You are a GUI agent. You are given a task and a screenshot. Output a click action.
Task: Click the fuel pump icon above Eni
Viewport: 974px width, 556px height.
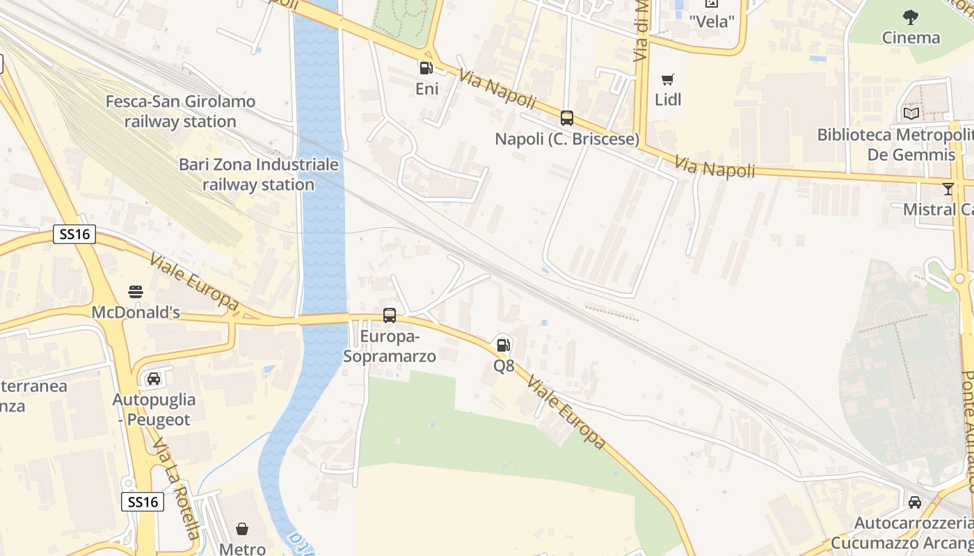pos(425,68)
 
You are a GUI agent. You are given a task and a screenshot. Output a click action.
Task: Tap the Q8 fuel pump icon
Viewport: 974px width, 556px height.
pos(503,345)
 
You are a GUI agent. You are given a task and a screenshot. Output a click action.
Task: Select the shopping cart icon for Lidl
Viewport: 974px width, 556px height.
pos(668,79)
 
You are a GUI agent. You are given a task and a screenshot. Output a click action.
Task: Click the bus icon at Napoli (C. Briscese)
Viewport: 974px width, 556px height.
pos(567,118)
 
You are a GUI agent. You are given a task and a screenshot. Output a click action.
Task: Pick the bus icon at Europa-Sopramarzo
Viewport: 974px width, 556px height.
pos(390,316)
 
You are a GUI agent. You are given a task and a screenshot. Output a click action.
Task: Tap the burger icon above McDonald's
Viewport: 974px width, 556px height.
pos(136,291)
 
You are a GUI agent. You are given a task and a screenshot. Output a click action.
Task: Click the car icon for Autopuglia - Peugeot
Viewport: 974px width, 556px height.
pos(154,379)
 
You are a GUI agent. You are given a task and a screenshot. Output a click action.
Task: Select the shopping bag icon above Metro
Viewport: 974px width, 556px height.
pos(242,530)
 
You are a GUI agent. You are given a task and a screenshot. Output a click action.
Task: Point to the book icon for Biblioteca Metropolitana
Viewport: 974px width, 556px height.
pos(911,113)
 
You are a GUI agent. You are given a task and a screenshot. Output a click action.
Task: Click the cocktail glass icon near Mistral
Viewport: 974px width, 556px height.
pos(948,189)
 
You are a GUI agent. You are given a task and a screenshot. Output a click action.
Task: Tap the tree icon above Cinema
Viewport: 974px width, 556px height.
pos(911,17)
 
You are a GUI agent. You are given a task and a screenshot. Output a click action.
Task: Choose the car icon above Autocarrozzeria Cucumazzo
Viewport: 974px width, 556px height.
pos(914,502)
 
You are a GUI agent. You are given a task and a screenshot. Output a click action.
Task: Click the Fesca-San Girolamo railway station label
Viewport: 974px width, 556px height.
pos(180,111)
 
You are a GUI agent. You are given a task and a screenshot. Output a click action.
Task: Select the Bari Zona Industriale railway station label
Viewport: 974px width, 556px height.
pos(259,174)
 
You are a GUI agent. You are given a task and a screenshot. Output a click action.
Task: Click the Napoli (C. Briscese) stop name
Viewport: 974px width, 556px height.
pos(567,139)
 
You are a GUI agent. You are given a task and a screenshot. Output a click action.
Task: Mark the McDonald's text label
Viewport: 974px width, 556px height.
pos(136,313)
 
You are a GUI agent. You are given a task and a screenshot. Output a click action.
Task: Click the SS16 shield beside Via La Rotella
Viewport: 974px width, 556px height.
pos(143,502)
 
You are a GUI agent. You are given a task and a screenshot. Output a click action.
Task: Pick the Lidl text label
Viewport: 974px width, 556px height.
pos(668,99)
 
